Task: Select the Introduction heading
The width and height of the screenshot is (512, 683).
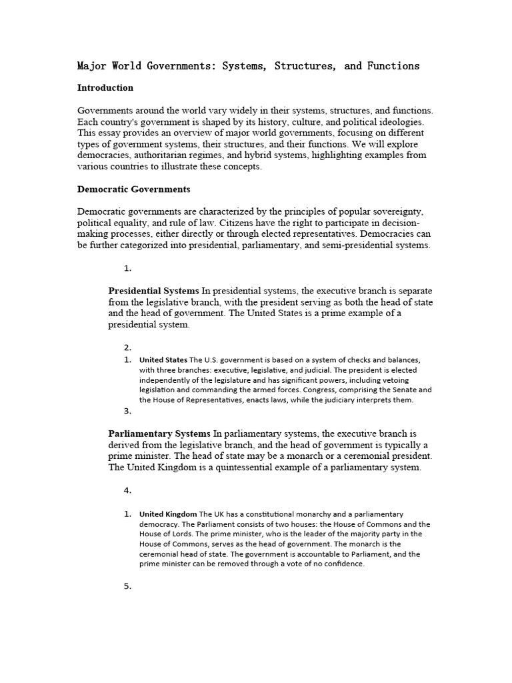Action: pos(105,87)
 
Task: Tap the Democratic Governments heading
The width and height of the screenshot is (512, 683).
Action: pos(134,189)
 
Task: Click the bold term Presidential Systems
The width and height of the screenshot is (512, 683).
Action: pos(153,290)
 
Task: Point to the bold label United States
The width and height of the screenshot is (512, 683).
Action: pos(163,360)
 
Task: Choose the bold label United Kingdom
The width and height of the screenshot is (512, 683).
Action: pos(168,514)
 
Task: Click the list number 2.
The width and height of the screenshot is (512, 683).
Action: pos(127,347)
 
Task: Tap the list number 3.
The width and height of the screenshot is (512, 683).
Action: pos(127,411)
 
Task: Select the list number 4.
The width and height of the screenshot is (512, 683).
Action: pos(127,490)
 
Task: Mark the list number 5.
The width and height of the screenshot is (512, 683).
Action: pos(127,586)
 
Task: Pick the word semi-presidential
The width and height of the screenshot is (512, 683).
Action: pos(356,245)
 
